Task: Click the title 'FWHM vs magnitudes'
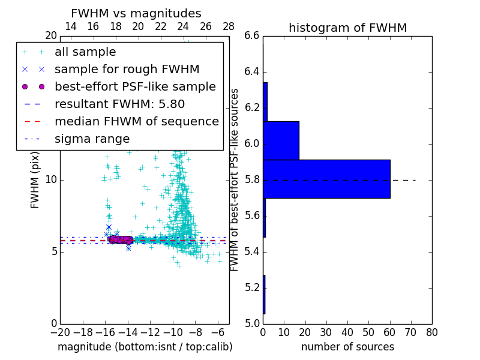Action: click(x=136, y=14)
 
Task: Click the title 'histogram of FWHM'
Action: click(x=347, y=28)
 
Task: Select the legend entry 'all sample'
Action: click(x=85, y=52)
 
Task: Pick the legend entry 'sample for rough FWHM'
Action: click(x=127, y=69)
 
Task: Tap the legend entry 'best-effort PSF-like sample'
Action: click(x=135, y=86)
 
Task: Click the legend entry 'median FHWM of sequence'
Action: click(x=136, y=121)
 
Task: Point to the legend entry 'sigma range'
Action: click(x=92, y=139)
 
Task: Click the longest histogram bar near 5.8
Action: click(x=326, y=179)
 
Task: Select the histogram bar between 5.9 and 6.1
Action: click(x=281, y=140)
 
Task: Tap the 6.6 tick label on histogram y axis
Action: click(x=252, y=36)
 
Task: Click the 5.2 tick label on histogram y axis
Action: click(x=252, y=287)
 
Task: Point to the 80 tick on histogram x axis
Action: click(x=431, y=332)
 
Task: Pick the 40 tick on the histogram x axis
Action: click(x=347, y=332)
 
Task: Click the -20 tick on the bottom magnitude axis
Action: click(x=60, y=332)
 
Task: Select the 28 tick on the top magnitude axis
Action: click(x=229, y=26)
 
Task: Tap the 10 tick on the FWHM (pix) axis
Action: click(x=50, y=179)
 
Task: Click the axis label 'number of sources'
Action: click(x=347, y=347)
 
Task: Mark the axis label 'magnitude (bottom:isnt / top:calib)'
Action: click(x=145, y=347)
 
